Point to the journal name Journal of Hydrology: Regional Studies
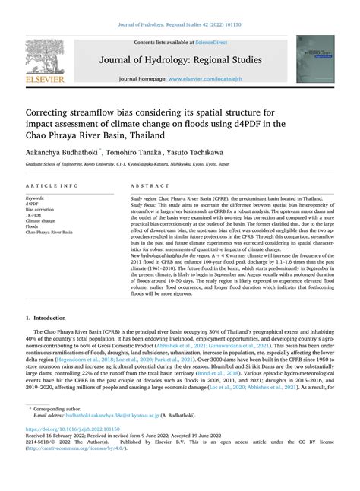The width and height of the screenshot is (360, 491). point(179,59)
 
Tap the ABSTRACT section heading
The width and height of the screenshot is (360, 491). point(145,185)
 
